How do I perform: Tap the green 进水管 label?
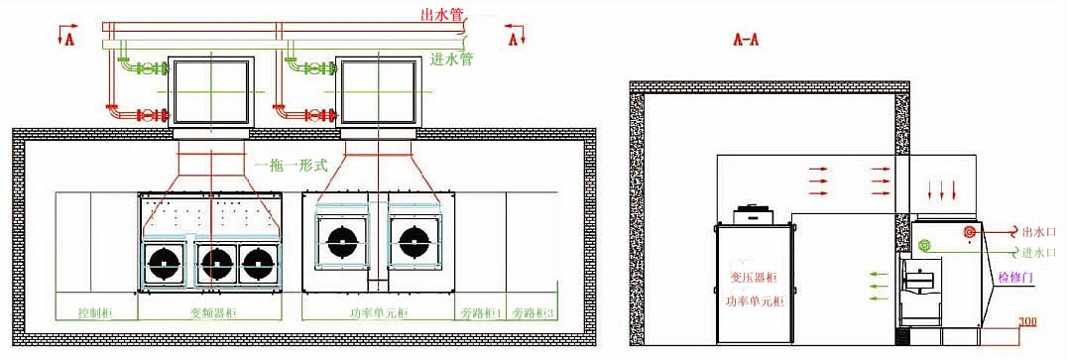point(452,60)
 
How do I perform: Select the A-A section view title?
point(746,40)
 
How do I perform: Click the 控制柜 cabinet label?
point(95,313)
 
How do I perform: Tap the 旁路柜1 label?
point(480,313)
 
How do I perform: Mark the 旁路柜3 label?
point(533,313)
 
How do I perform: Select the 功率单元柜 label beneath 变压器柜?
point(755,300)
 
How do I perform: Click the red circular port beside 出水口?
point(970,233)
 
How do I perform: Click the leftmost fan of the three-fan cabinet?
point(164,264)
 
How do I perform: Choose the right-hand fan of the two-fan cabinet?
point(415,241)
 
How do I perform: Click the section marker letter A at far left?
point(68,39)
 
